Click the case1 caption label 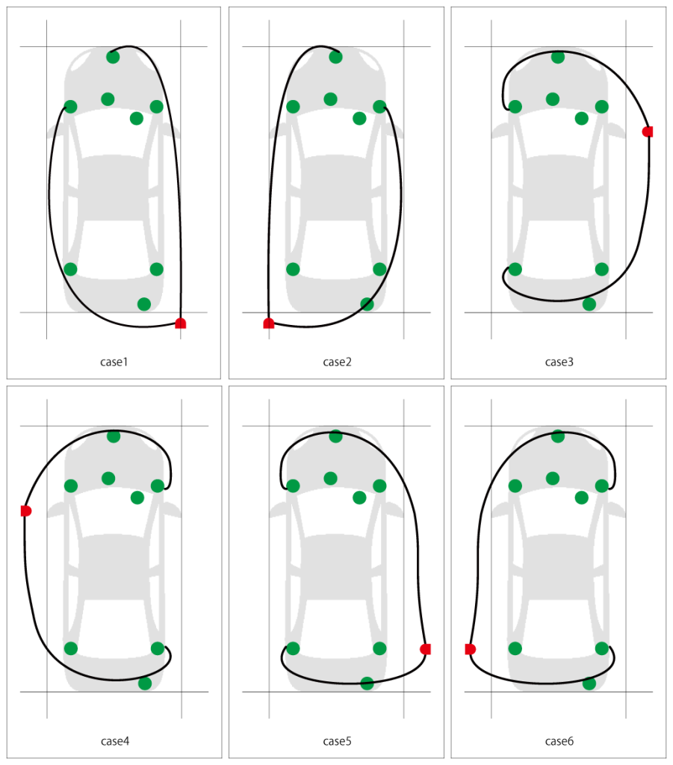coord(114,362)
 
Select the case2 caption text coord(337,362)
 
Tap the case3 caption coord(559,362)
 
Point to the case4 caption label coord(114,741)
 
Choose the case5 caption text coord(337,741)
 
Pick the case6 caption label coord(559,741)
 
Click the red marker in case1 coord(181,323)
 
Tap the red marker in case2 coord(269,323)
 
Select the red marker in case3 coord(648,131)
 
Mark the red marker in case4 coord(26,511)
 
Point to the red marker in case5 coord(425,649)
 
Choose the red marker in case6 coord(470,649)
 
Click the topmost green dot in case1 coord(113,57)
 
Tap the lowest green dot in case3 coord(589,305)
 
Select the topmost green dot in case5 coord(335,436)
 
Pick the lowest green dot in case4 coord(145,684)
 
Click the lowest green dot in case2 coord(367,305)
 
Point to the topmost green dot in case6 coord(558,436)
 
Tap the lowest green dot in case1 coord(144,305)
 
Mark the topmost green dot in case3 coord(558,57)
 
